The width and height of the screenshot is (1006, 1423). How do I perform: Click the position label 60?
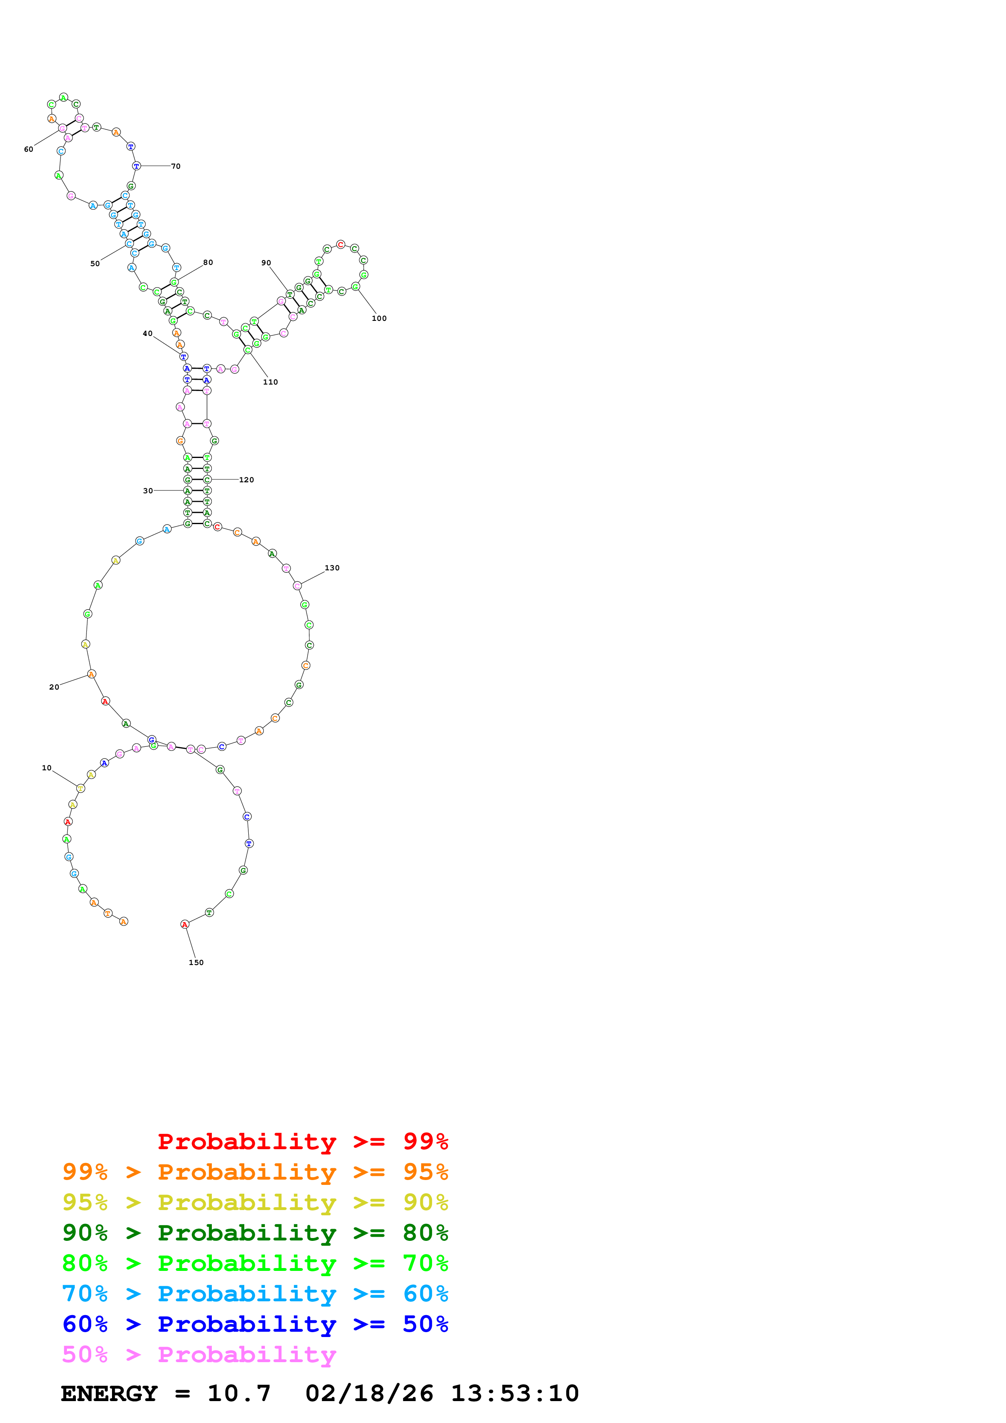28,149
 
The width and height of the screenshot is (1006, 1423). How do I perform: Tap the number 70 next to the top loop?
176,166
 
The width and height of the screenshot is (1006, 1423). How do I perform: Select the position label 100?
379,318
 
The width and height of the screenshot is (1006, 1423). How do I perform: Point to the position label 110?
270,383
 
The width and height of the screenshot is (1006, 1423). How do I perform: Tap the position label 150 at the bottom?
196,963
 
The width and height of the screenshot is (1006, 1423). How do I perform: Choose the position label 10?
47,768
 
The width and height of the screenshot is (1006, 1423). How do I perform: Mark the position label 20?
54,687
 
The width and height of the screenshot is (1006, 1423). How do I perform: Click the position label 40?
148,333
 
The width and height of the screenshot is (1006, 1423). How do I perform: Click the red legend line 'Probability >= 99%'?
302,1141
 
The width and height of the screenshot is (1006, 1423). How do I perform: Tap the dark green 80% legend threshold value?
425,1233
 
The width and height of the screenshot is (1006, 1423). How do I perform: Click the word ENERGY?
109,1393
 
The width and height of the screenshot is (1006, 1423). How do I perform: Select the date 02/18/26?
369,1393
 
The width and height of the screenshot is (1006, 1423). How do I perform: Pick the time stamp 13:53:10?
515,1393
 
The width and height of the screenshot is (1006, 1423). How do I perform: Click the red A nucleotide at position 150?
185,924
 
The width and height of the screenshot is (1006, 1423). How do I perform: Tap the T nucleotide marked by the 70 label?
136,166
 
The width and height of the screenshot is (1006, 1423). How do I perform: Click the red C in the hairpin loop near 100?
340,245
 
